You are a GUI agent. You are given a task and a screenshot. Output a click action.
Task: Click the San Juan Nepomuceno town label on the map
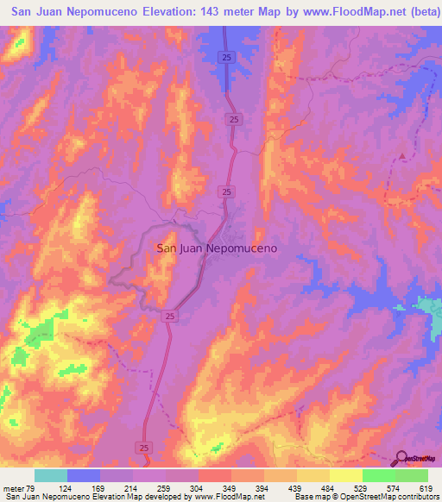pos(216,248)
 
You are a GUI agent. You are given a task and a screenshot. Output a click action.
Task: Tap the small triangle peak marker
pos(401,156)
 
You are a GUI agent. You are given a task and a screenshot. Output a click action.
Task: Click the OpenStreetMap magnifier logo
pos(401,458)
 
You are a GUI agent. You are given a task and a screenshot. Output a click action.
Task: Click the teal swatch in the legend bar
pos(51,475)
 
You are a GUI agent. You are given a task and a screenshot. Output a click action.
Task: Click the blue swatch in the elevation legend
pos(84,475)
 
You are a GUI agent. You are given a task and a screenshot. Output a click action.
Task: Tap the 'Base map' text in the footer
pos(311,497)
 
